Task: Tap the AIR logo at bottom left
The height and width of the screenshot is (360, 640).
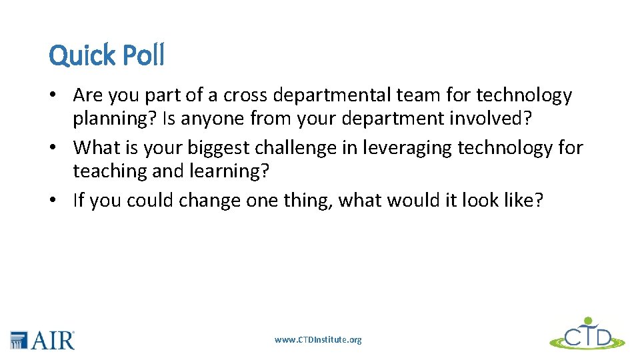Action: coord(43,339)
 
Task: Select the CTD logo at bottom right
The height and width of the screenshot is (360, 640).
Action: coord(587,334)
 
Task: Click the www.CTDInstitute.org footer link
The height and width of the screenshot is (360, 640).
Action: coord(318,340)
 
